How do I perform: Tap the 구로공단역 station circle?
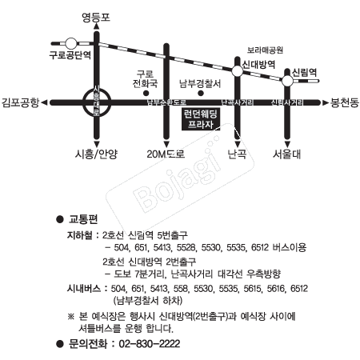click(71, 43)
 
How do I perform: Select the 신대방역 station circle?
click(238, 71)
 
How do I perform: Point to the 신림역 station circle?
click(287, 80)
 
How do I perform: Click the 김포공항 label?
click(21, 102)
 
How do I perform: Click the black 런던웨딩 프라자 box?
click(201, 120)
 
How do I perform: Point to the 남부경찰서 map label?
click(199, 82)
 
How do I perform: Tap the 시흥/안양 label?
click(95, 154)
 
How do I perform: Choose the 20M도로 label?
click(166, 154)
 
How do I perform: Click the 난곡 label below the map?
click(237, 154)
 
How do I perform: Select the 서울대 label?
click(286, 154)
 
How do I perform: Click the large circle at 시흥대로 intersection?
click(97, 102)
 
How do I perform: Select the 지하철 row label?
click(78, 237)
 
